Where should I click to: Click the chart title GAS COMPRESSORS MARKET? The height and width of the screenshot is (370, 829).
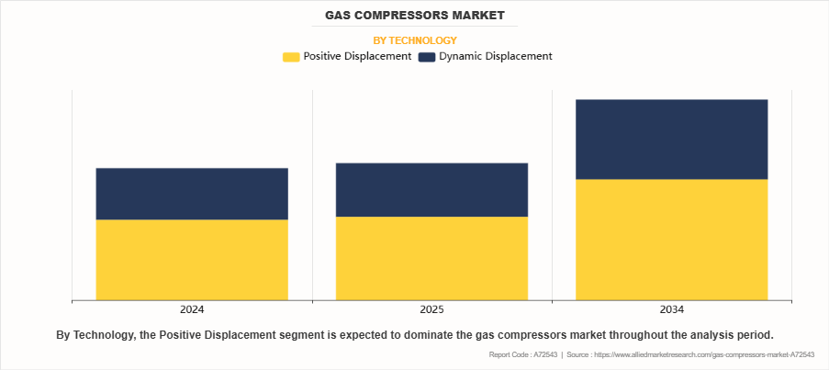click(x=414, y=17)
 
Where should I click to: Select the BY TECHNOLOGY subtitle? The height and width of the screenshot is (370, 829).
click(x=414, y=40)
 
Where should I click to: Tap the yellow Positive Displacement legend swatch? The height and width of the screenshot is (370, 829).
click(x=291, y=57)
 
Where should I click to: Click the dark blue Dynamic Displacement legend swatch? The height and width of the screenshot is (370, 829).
click(x=427, y=57)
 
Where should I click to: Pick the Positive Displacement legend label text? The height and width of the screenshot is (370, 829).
click(x=357, y=57)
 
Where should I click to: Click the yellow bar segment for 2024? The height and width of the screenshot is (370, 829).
click(x=192, y=259)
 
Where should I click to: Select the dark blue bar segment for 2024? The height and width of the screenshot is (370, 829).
click(x=192, y=194)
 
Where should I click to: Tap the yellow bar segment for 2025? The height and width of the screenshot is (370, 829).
click(x=431, y=258)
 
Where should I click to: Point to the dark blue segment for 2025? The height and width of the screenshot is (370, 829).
click(x=431, y=190)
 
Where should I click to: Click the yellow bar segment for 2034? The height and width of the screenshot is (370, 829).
click(x=671, y=239)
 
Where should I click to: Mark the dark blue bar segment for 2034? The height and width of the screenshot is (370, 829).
click(x=671, y=139)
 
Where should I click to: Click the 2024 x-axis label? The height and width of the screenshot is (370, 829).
click(x=192, y=309)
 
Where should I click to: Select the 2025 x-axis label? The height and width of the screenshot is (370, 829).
click(x=431, y=309)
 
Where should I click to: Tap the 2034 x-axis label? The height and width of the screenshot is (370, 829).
click(x=671, y=309)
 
